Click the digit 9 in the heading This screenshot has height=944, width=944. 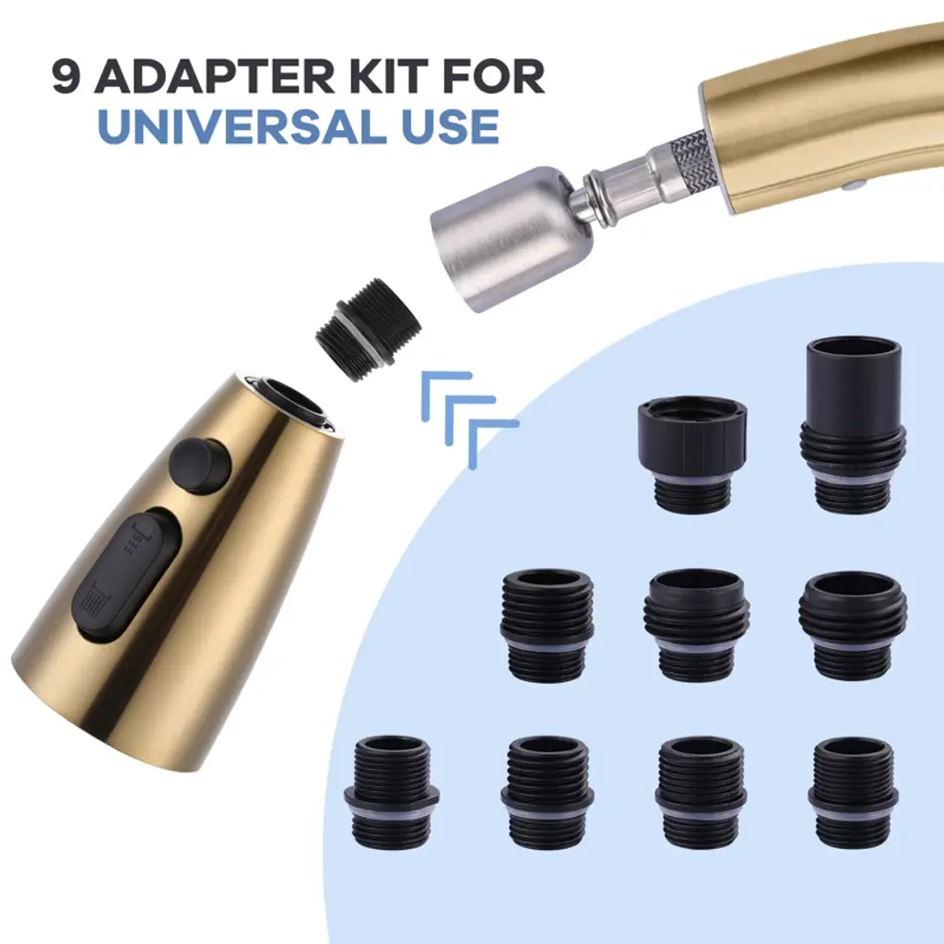[x=66, y=76]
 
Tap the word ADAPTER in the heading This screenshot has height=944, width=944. [x=214, y=76]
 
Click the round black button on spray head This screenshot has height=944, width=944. [x=200, y=466]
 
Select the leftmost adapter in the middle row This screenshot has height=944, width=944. [x=548, y=625]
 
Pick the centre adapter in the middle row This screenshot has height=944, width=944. [x=696, y=625]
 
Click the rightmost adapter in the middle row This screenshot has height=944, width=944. [x=853, y=625]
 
